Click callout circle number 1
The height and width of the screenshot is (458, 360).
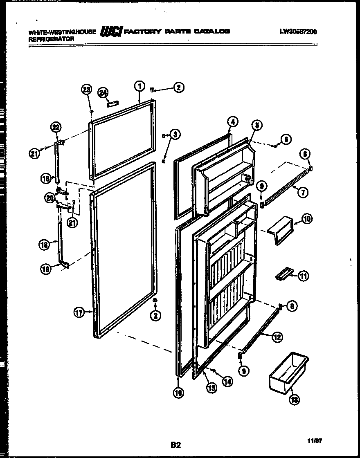click(139, 86)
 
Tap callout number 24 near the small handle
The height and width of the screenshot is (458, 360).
click(102, 92)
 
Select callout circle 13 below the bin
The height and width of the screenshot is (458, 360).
click(294, 400)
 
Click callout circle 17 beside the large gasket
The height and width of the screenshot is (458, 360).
click(79, 313)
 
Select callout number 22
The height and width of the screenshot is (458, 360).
click(56, 127)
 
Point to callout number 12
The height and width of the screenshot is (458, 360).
click(277, 337)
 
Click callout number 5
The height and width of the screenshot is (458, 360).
click(256, 125)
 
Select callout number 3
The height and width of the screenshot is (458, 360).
click(175, 134)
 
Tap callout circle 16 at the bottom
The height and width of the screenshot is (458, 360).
click(178, 393)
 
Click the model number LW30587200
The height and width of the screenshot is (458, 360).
click(298, 31)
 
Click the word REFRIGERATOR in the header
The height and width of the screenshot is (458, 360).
click(51, 39)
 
